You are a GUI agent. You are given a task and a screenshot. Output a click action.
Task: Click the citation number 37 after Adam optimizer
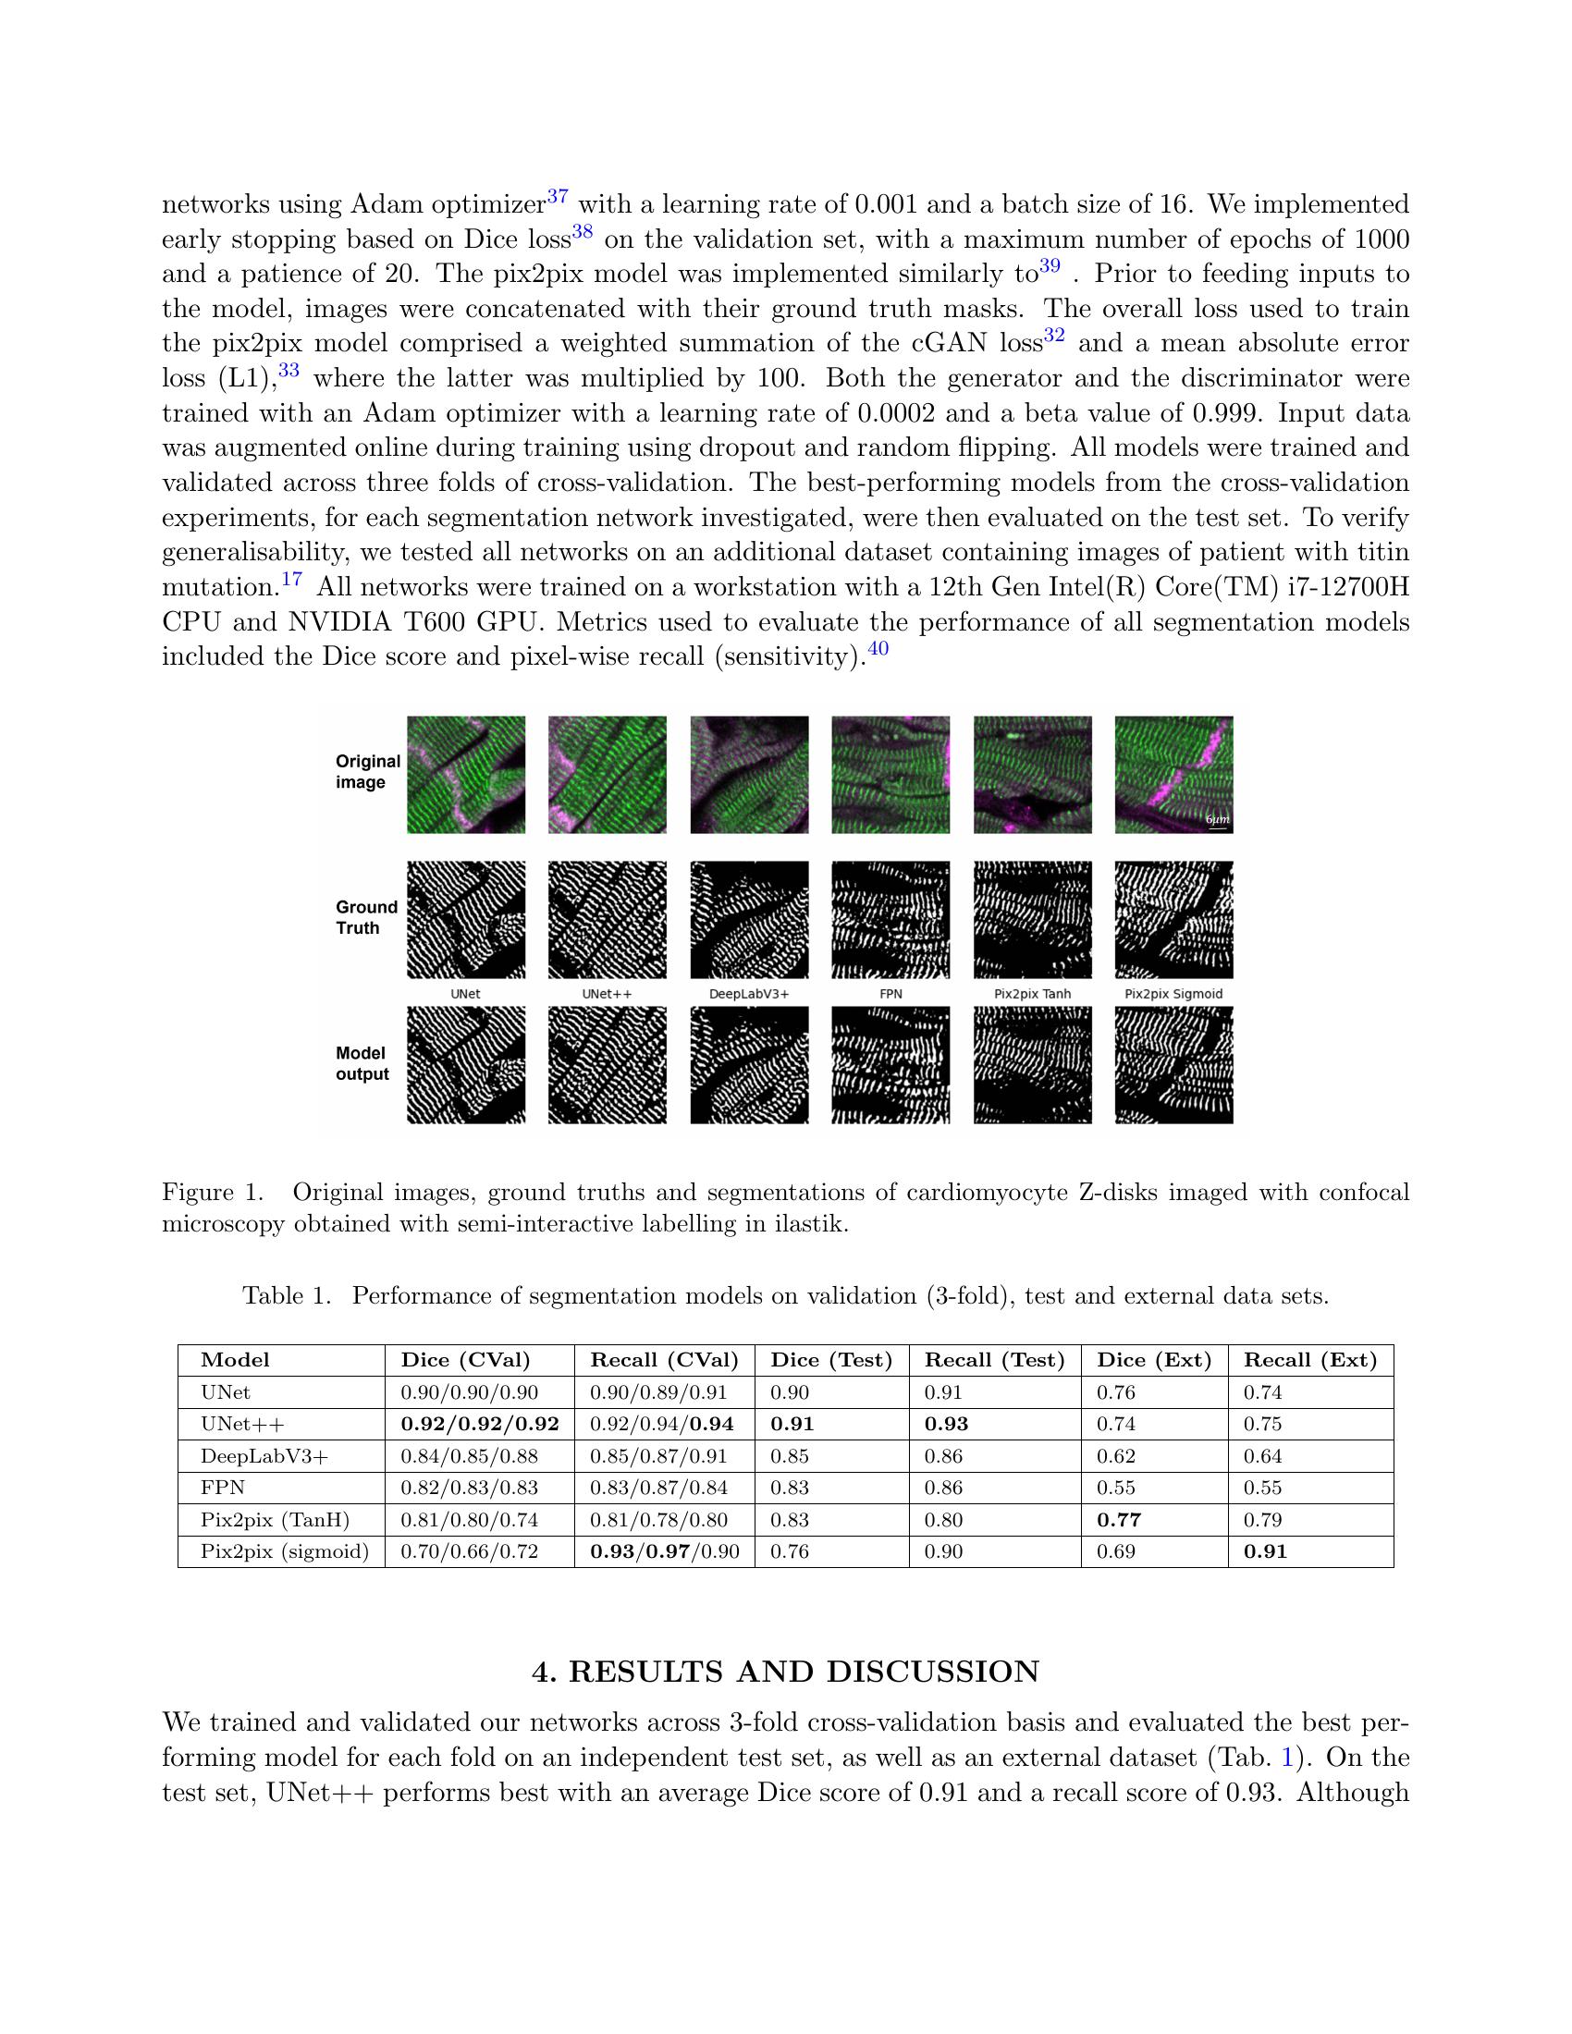coord(558,197)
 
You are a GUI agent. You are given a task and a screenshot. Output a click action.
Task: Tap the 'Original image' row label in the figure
coord(367,771)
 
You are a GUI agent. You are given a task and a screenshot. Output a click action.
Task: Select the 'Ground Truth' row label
coord(366,917)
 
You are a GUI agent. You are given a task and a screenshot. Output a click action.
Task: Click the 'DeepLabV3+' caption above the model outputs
coord(749,994)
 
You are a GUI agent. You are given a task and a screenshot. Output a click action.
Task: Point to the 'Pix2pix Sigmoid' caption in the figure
coord(1173,994)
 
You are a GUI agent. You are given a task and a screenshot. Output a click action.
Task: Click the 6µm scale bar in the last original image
coord(1217,823)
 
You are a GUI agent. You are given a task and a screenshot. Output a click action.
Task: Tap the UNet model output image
coord(466,1064)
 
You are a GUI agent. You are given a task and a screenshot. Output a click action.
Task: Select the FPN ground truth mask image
coord(890,919)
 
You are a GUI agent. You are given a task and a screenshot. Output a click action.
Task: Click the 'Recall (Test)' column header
coord(994,1360)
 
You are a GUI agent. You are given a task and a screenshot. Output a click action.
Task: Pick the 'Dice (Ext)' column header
coord(1154,1360)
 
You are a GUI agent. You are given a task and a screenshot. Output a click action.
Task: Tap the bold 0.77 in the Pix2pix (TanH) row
coord(1119,1520)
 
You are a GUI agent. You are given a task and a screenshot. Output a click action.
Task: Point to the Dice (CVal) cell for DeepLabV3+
coord(469,1455)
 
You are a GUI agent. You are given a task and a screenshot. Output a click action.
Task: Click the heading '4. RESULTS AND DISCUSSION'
coord(785,1671)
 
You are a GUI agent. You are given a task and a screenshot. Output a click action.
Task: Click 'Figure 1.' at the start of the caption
coord(212,1192)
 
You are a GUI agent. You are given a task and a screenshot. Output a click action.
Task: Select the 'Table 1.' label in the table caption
coord(287,1295)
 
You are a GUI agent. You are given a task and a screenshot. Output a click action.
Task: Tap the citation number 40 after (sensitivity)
coord(878,650)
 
